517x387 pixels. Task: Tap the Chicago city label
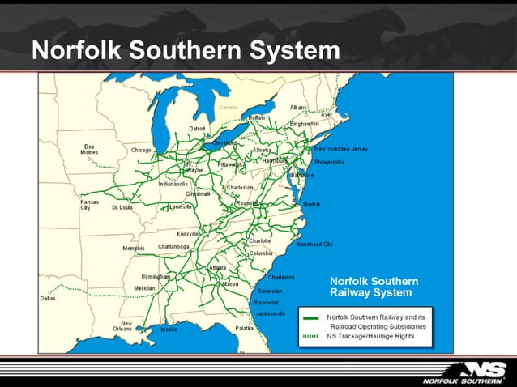[x=141, y=150]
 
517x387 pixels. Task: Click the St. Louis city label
[x=122, y=207]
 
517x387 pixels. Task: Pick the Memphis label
[x=134, y=248]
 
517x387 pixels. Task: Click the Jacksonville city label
[x=270, y=313]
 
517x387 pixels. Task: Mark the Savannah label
[x=270, y=291]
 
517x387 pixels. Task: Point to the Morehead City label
[x=315, y=244]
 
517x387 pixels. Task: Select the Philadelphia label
[x=329, y=162]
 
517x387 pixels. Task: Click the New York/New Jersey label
[x=341, y=149]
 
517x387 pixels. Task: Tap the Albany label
[x=298, y=107]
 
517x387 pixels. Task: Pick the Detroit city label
[x=197, y=129]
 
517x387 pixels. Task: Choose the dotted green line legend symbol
[x=312, y=335]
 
